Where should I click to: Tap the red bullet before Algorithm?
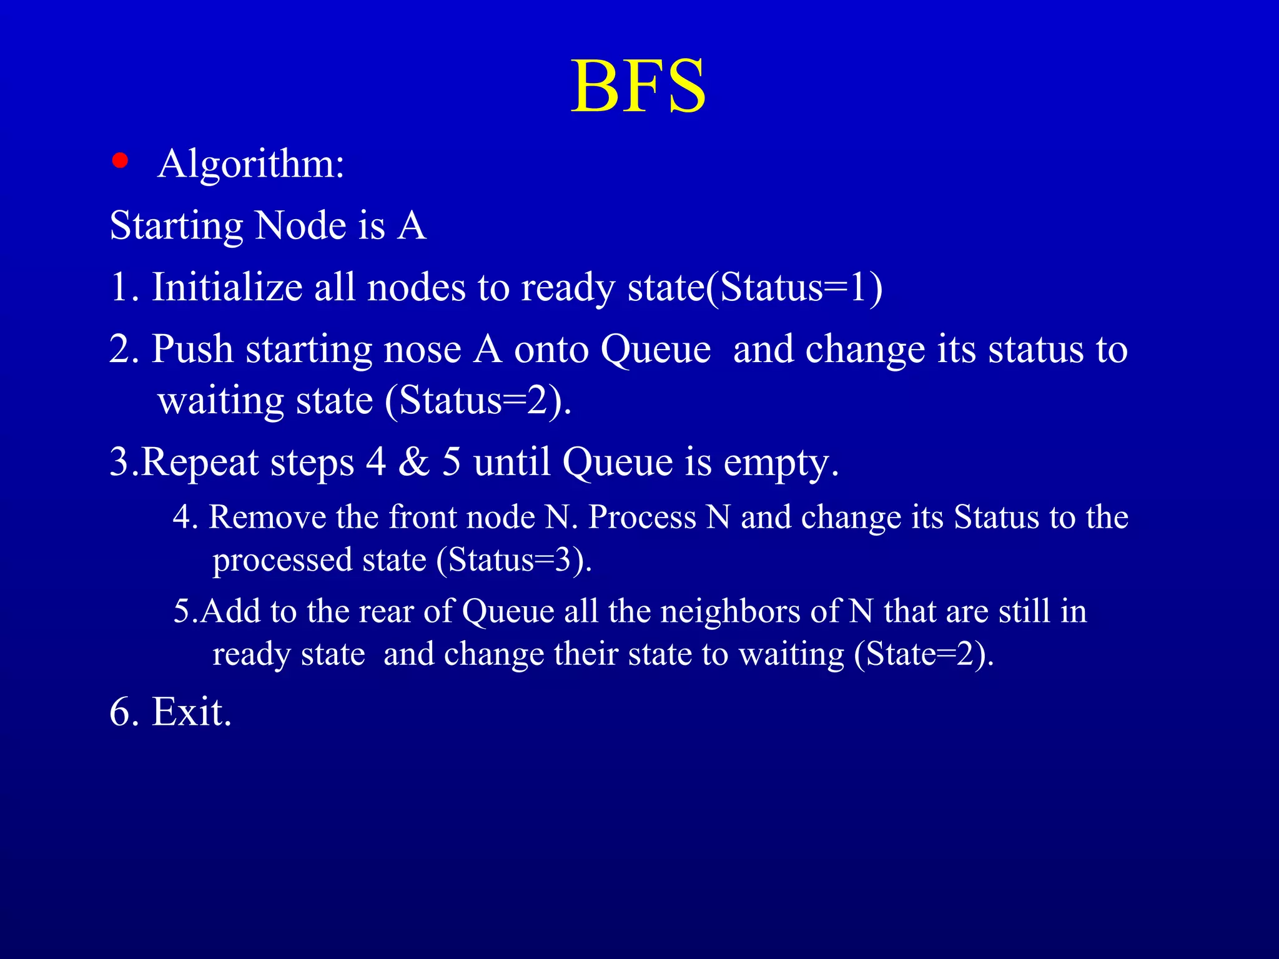point(120,161)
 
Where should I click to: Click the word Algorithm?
point(251,164)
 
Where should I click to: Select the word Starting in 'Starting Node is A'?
point(176,226)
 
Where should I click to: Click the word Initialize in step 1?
point(227,288)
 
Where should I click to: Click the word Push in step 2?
point(192,349)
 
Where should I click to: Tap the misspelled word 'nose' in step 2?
point(423,350)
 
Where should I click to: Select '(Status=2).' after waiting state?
point(478,401)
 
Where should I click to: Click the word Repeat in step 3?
point(200,463)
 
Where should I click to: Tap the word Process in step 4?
point(642,518)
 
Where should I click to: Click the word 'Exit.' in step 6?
point(192,712)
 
